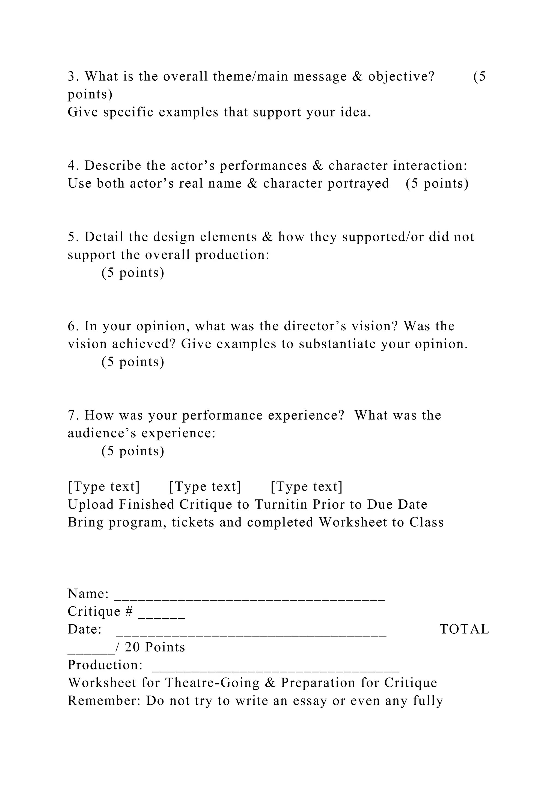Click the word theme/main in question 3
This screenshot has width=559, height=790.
(x=251, y=76)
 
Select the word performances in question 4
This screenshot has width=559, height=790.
(x=263, y=166)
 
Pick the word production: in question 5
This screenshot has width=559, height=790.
(x=232, y=255)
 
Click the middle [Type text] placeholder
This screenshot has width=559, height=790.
(x=205, y=487)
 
